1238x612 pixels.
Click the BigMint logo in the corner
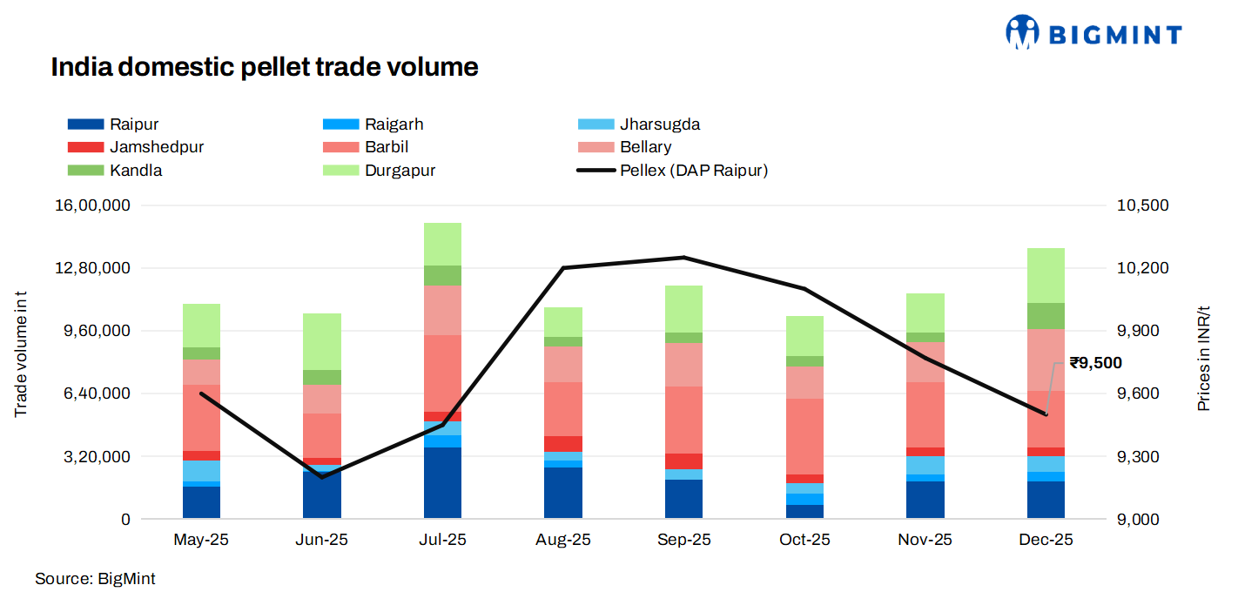[x=1093, y=33]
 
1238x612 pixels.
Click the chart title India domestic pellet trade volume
[x=265, y=67]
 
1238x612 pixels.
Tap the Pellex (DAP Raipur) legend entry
[x=693, y=171]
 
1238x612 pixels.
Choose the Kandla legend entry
[x=135, y=171]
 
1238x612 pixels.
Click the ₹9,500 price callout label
[x=1095, y=363]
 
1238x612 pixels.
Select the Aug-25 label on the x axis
[x=563, y=541]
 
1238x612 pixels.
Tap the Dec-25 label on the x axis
[x=1046, y=541]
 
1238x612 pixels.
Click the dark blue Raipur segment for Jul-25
[x=442, y=483]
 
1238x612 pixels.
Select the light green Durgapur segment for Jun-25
[x=322, y=341]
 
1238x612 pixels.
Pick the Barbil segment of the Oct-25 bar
[x=804, y=436]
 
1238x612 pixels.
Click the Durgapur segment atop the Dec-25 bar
[x=1046, y=275]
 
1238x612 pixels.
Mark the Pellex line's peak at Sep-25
[x=684, y=258]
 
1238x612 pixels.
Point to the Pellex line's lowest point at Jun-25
[x=322, y=477]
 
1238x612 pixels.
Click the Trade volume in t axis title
[x=21, y=353]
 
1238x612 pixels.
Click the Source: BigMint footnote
[x=95, y=579]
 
